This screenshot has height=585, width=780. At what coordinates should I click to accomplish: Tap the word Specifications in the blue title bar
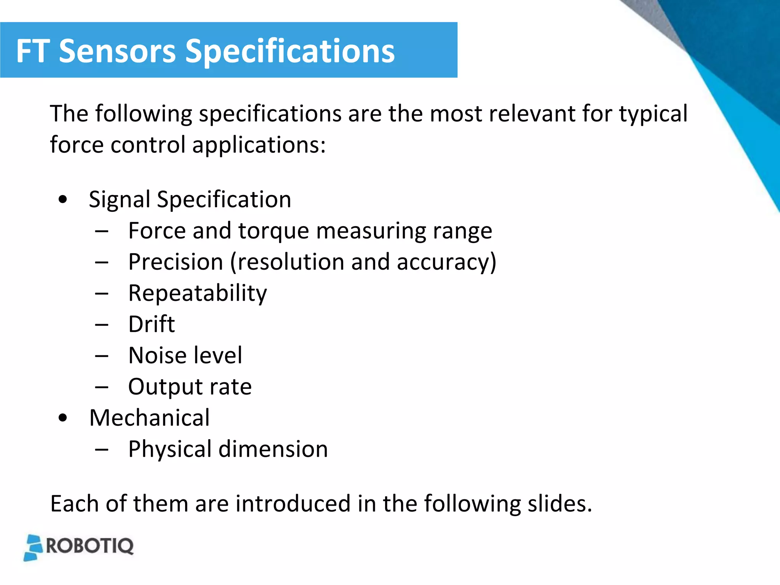[290, 52]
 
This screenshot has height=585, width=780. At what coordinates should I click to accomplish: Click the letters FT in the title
[32, 51]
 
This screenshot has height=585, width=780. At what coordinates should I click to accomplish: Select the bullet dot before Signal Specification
[63, 199]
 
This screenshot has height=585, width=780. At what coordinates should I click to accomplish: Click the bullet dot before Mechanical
[63, 418]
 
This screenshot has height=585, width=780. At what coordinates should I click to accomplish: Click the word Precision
[176, 262]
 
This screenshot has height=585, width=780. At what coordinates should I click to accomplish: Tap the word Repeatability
[198, 293]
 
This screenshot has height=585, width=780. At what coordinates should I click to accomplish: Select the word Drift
[152, 324]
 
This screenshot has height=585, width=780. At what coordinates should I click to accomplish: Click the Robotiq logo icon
[34, 547]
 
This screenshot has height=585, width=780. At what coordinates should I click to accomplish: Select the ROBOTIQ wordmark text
[90, 546]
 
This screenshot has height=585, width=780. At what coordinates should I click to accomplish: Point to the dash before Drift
[102, 325]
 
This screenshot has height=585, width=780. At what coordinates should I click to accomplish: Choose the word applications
[259, 145]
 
